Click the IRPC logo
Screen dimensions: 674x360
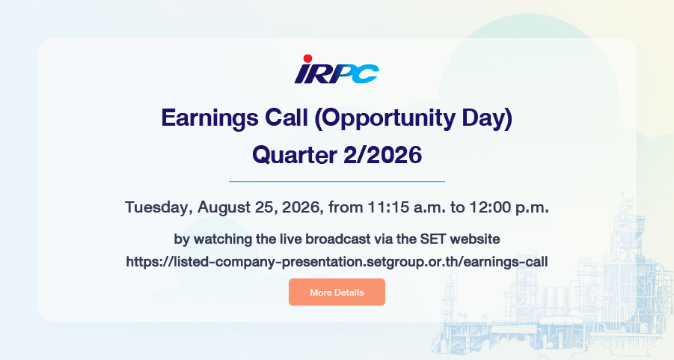[x=337, y=70]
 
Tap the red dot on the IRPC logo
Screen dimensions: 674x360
[x=307, y=58]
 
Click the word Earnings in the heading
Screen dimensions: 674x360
[x=209, y=118]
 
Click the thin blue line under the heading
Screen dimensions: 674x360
[x=337, y=182]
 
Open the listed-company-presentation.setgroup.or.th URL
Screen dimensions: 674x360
[x=337, y=261]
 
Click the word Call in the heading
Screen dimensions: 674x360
[x=287, y=118]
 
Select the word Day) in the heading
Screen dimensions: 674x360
[x=487, y=118]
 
